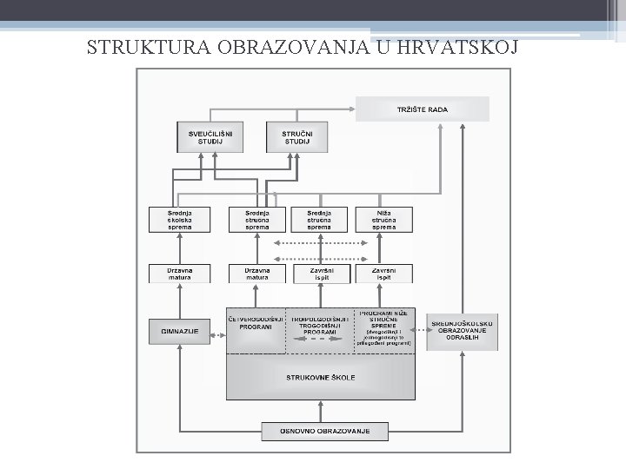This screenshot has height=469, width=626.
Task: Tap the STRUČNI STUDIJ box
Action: point(291,136)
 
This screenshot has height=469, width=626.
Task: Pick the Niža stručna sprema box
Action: point(384,219)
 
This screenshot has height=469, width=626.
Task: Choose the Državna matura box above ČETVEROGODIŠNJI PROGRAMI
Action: point(256,273)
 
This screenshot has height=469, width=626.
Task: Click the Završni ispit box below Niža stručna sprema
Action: point(384,273)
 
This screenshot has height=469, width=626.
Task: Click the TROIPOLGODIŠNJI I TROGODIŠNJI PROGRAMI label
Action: point(319,325)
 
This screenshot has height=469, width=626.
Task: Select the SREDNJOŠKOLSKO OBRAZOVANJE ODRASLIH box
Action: point(465,330)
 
